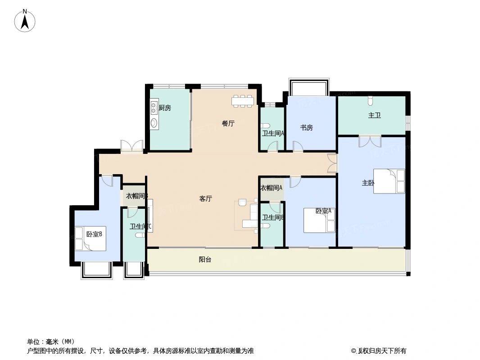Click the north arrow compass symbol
tap(25, 21)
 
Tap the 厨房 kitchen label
tap(165, 108)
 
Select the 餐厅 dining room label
tap(228, 123)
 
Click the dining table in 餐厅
tap(243, 101)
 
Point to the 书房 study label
tap(307, 127)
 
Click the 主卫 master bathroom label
tap(374, 115)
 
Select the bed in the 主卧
tap(389, 181)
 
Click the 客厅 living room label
tap(205, 198)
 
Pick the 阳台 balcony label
tap(205, 260)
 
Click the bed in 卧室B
tap(91, 238)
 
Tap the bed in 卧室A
tap(319, 220)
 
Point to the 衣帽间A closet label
tap(271, 188)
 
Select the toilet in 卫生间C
tap(140, 235)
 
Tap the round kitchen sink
tap(154, 123)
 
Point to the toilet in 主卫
tap(371, 100)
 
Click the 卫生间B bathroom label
tap(273, 217)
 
